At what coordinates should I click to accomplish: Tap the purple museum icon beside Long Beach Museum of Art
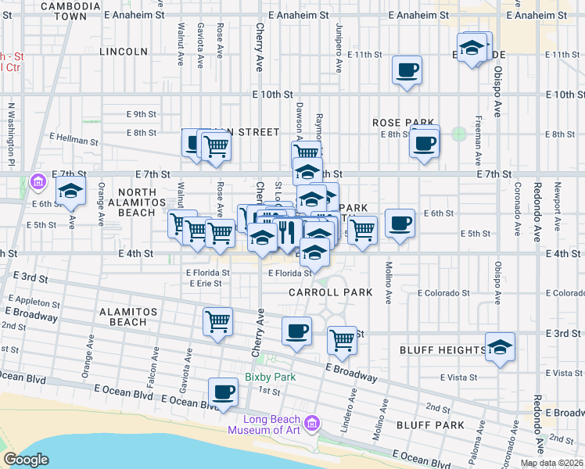(313, 424)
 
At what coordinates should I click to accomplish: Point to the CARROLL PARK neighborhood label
(328, 292)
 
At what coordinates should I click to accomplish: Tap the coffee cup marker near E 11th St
(407, 70)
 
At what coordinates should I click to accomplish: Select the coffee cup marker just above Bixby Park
(296, 331)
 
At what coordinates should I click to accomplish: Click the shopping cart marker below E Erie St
(217, 320)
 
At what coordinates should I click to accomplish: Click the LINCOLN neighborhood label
(124, 52)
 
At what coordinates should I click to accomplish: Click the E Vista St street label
(458, 377)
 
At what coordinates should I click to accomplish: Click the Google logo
(26, 460)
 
